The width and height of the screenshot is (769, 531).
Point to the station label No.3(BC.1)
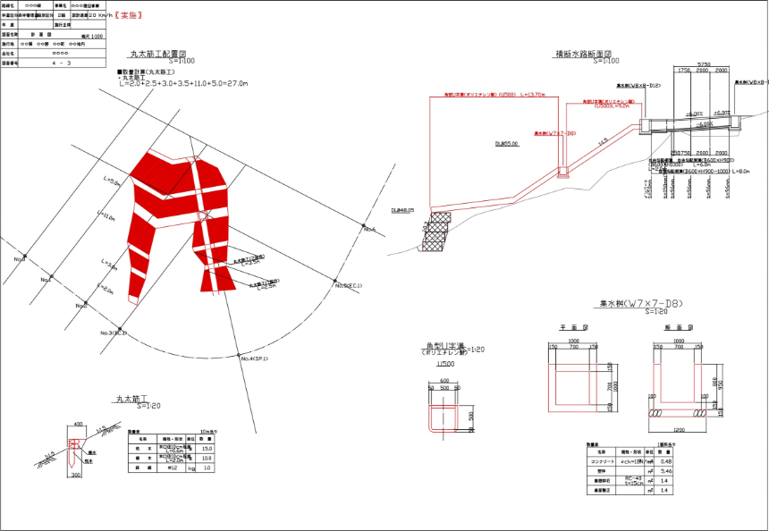pyautogui.click(x=114, y=333)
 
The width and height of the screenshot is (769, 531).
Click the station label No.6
pyautogui.click(x=369, y=230)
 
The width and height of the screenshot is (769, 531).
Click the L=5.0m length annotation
pyautogui.click(x=113, y=181)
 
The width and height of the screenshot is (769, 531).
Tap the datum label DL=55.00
pyautogui.click(x=507, y=142)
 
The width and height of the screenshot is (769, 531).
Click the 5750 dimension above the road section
pyautogui.click(x=703, y=64)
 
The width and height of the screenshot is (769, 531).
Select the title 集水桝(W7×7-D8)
pyautogui.click(x=641, y=304)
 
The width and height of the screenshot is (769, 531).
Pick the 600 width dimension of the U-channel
pyautogui.click(x=444, y=380)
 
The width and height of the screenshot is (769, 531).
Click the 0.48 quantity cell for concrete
pyautogui.click(x=665, y=461)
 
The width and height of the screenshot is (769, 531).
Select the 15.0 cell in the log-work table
pyautogui.click(x=207, y=448)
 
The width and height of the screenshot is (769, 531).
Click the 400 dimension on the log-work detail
pyautogui.click(x=78, y=424)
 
